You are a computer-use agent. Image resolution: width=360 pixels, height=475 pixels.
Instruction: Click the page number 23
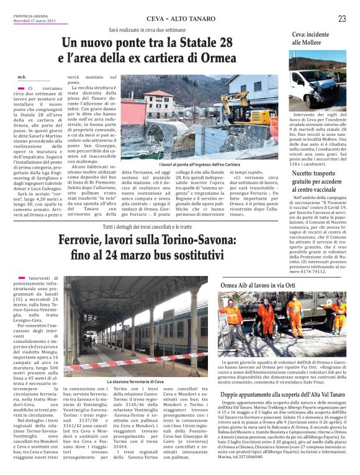342,19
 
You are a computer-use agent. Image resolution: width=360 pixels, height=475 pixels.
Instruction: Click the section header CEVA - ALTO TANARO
178,19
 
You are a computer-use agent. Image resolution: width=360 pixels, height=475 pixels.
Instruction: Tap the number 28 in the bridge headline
223,43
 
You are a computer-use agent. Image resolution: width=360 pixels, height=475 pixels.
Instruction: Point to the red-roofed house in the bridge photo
160,102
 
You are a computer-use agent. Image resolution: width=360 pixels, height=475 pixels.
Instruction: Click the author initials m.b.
21,77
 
